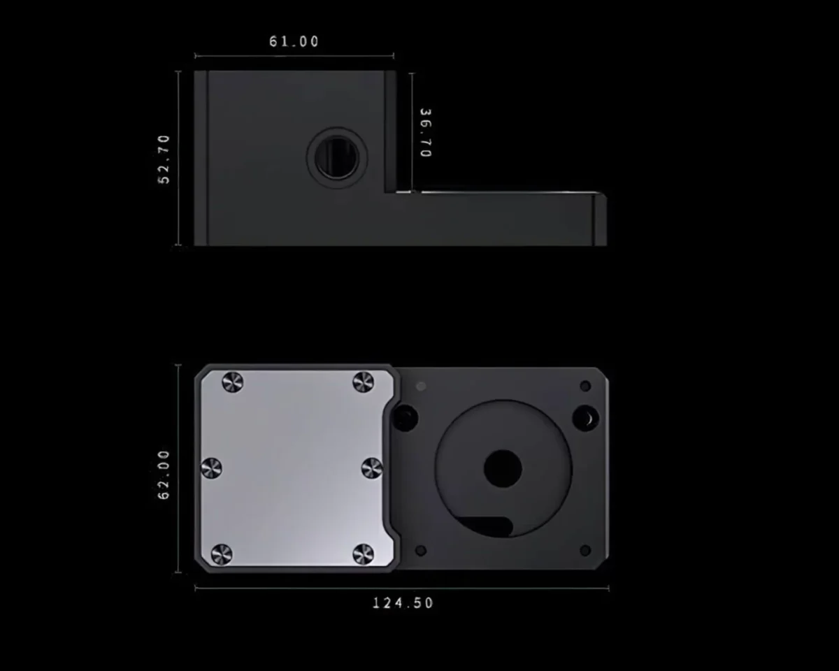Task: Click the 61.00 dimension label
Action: (x=294, y=42)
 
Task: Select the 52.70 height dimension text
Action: (x=164, y=159)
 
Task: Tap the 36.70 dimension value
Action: (x=425, y=133)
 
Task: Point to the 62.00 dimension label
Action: (x=164, y=475)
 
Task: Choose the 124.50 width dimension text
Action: (x=403, y=603)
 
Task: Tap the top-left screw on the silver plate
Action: (x=232, y=382)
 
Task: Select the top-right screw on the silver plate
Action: (x=364, y=382)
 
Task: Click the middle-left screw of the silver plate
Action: (x=211, y=468)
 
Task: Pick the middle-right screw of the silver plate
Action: (x=372, y=468)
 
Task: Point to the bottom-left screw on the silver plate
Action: (x=222, y=554)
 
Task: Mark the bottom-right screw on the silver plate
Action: (x=364, y=554)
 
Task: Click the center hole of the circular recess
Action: (x=503, y=468)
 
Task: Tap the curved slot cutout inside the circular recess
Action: (x=489, y=526)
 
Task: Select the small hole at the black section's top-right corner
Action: (x=585, y=386)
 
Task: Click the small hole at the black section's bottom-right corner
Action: (x=585, y=551)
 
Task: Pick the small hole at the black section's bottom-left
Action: (x=420, y=551)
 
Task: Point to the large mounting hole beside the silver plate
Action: (x=406, y=418)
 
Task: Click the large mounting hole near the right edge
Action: (x=586, y=418)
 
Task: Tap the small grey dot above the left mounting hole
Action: (x=420, y=386)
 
